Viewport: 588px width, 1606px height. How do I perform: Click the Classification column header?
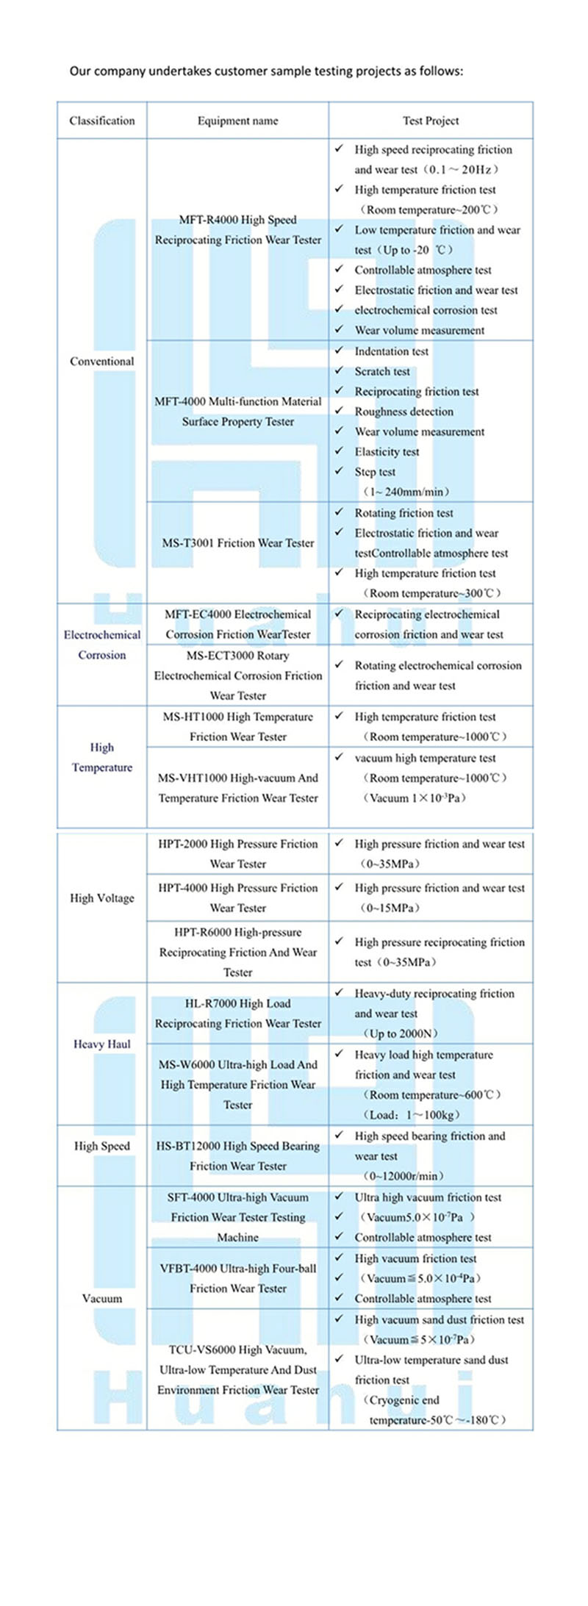click(x=102, y=121)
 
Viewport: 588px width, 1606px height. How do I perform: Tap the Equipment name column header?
click(x=237, y=121)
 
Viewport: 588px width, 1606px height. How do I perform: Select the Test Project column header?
click(x=431, y=121)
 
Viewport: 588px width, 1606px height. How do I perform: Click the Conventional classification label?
click(x=102, y=361)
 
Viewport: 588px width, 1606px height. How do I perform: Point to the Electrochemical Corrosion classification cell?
click(x=102, y=645)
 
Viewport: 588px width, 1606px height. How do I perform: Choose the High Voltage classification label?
click(x=102, y=897)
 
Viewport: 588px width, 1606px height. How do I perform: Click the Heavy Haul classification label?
click(x=102, y=1044)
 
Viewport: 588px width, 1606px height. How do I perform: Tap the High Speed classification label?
click(x=102, y=1145)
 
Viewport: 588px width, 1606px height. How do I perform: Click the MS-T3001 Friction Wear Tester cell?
click(x=237, y=542)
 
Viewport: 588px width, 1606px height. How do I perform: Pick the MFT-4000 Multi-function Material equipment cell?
click(x=237, y=412)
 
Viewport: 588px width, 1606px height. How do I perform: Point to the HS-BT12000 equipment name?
click(x=237, y=1155)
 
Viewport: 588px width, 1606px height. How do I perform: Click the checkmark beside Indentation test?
click(x=339, y=351)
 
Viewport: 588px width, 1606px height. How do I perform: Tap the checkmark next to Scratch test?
click(x=339, y=370)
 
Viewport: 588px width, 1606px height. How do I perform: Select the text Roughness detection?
click(x=404, y=412)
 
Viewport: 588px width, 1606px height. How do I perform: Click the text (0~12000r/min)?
click(x=404, y=1176)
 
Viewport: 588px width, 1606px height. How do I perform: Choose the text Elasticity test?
click(x=387, y=452)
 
